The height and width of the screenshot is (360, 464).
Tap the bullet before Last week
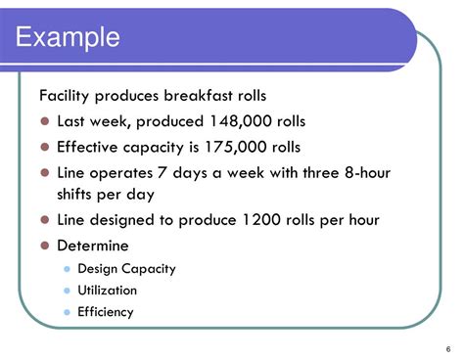(45, 122)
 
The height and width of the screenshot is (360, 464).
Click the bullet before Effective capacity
(45, 148)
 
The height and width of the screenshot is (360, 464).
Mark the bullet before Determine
(45, 247)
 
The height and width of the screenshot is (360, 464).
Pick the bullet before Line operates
(45, 173)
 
